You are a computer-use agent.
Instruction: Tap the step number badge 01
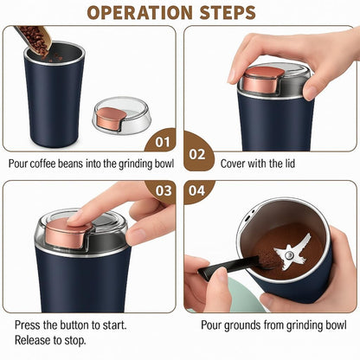tap(161, 141)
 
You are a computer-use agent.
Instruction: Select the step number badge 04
tap(198, 190)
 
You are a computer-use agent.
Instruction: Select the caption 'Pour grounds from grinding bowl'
tap(270, 325)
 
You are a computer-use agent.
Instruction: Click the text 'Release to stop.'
tap(52, 340)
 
